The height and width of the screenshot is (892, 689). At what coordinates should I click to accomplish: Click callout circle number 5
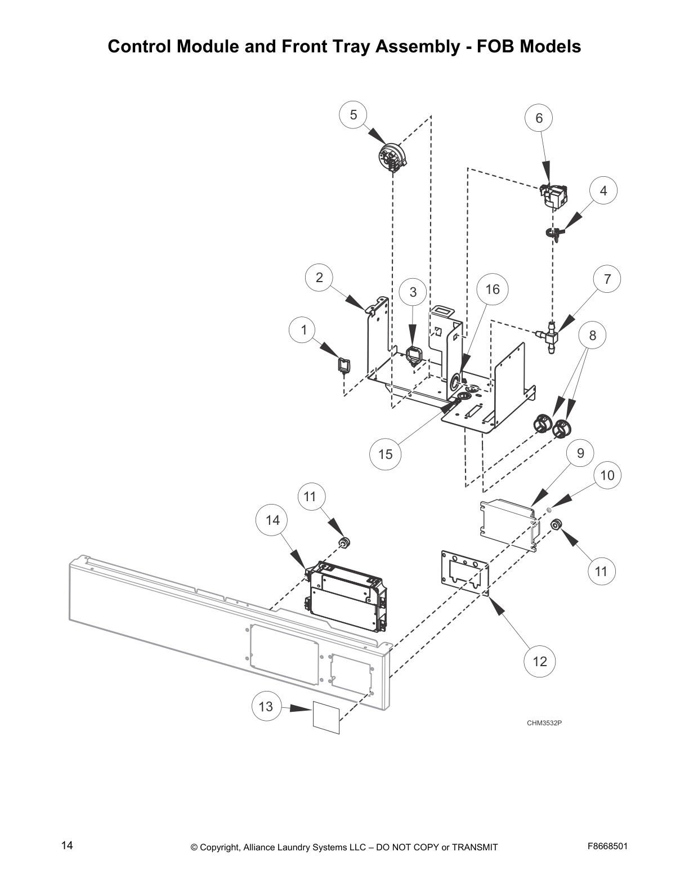(354, 115)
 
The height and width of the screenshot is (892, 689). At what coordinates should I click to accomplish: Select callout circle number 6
(539, 118)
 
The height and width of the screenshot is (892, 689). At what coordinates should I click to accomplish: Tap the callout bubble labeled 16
(492, 289)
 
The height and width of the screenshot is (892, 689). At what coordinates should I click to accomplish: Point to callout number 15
(386, 454)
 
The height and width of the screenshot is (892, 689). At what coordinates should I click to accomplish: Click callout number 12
(539, 661)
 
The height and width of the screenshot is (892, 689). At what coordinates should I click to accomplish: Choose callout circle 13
(266, 706)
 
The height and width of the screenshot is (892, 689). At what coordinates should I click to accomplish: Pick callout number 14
(272, 520)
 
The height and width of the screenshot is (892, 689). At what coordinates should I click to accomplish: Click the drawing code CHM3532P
(544, 723)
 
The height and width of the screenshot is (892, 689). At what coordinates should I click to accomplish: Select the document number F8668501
(607, 846)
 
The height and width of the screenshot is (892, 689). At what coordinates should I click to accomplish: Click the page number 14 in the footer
(67, 845)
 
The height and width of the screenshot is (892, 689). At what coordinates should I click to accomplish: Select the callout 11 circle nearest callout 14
(310, 496)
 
